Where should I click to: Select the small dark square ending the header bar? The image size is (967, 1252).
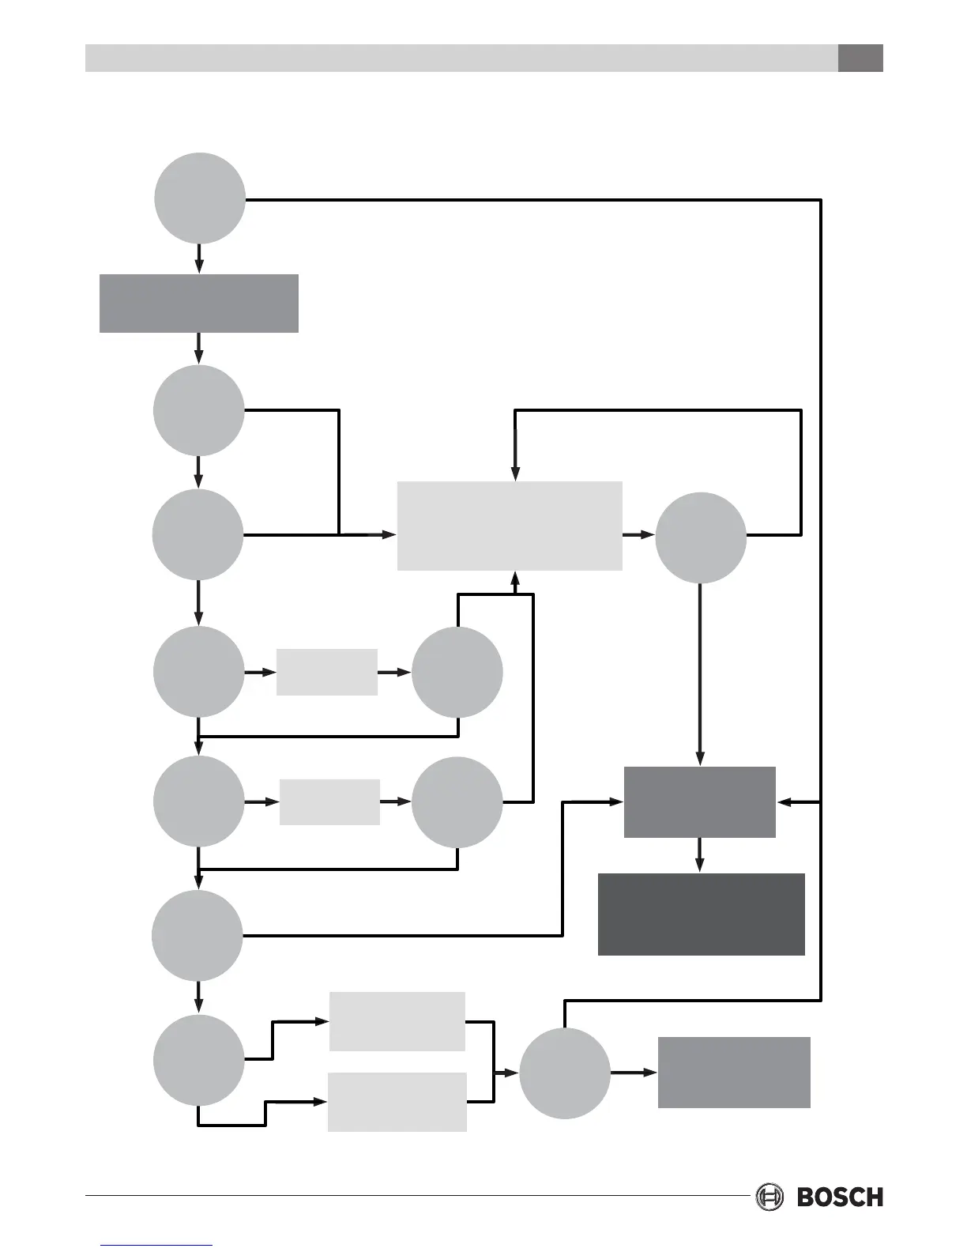pos(860,58)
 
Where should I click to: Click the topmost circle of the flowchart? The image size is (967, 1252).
pos(199,198)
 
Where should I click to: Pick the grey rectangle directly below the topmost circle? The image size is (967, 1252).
pos(199,304)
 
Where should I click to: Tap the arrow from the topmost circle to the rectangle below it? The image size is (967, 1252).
pos(199,259)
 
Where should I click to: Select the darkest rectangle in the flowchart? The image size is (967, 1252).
pos(702,914)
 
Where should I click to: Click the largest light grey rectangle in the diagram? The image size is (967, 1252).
pos(510,526)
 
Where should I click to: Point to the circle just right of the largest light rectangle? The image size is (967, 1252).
pos(701,537)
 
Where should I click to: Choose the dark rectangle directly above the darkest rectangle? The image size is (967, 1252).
pos(700,801)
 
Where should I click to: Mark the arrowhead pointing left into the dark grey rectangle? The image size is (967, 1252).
pos(784,802)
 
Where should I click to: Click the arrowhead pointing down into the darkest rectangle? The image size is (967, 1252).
pos(699,865)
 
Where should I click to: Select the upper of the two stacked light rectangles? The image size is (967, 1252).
pos(397,1021)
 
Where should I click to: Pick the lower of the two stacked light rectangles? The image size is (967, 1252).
pos(397,1102)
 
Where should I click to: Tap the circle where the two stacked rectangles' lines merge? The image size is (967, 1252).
pos(565,1073)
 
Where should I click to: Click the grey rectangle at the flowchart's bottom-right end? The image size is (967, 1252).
pos(734,1073)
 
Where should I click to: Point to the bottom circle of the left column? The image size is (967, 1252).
pos(199,1059)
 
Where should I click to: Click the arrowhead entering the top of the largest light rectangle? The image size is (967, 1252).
pos(515,473)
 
